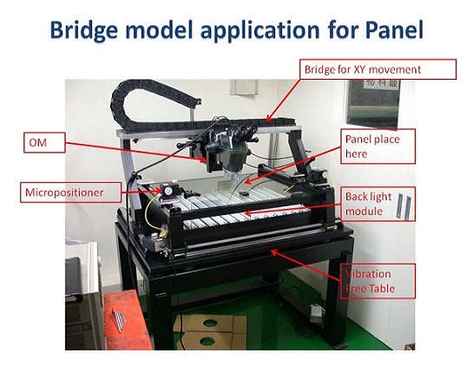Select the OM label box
click(44, 142)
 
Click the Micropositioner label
click(71, 193)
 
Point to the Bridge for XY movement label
click(378, 69)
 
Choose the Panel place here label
click(378, 147)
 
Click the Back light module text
click(368, 204)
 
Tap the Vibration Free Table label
click(378, 281)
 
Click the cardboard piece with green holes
click(210, 331)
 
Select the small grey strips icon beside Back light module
click(404, 206)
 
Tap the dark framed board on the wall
click(373, 102)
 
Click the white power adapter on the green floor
click(317, 312)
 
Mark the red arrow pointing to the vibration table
click(306, 265)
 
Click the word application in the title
click(260, 31)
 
